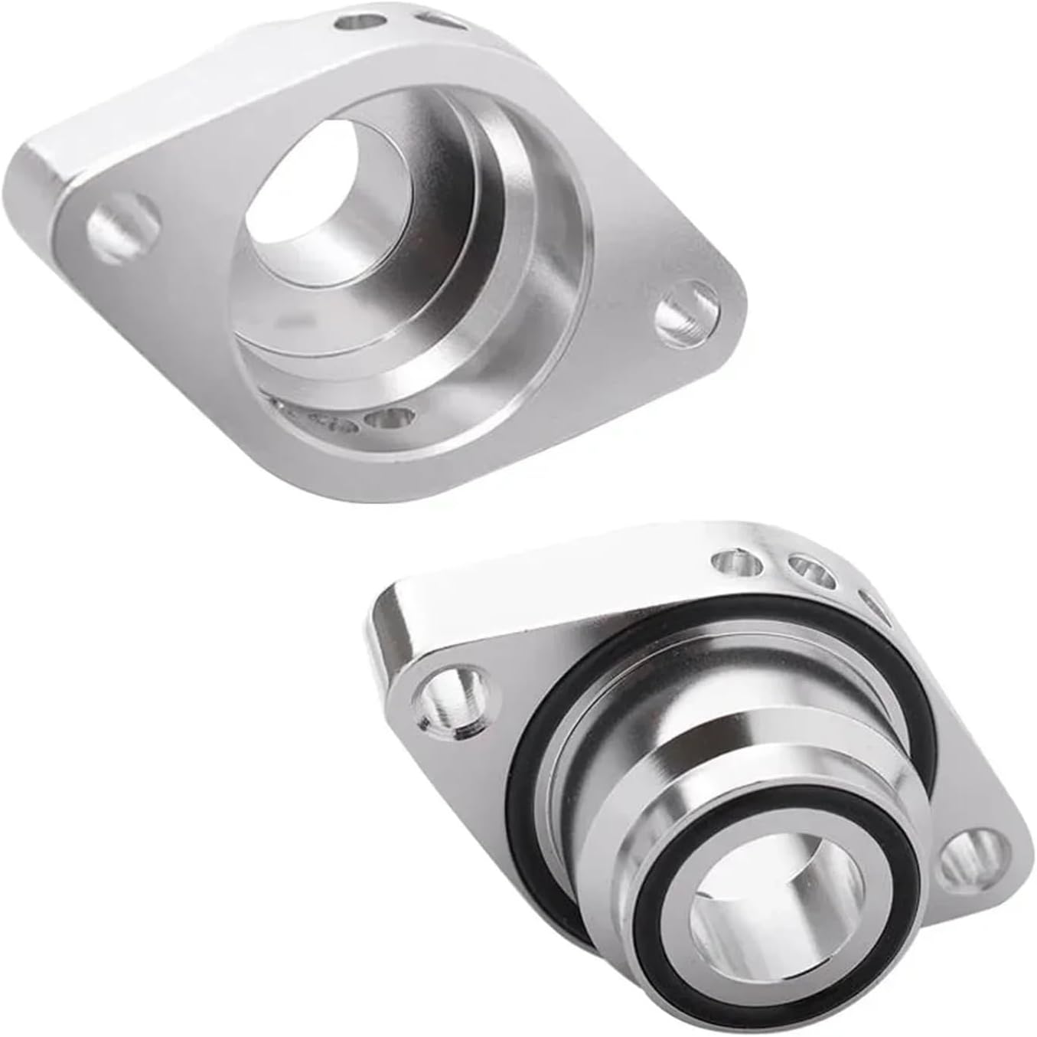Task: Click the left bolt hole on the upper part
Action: point(122,227)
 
